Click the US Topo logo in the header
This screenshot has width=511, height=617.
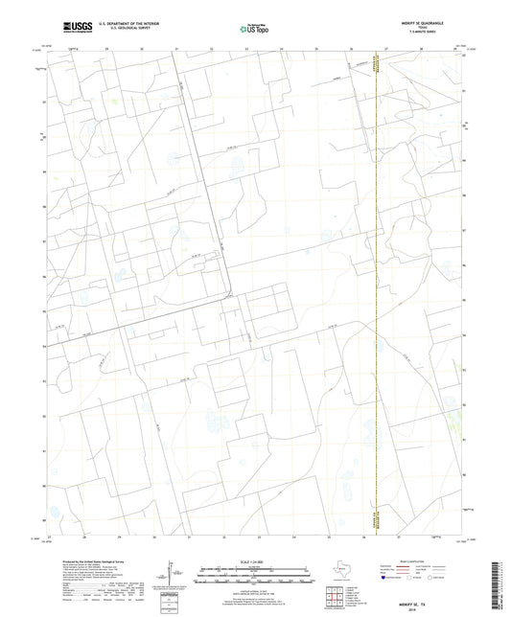(x=255, y=28)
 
